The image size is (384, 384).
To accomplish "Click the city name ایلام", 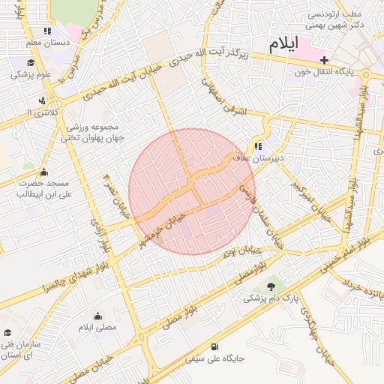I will [x=282, y=43].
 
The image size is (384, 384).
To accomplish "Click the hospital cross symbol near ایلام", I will [x=324, y=61].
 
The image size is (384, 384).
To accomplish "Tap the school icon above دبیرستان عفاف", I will [x=259, y=146].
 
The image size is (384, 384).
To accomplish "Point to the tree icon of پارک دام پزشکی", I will [x=271, y=286].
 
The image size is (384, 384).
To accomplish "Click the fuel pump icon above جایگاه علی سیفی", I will [x=216, y=346].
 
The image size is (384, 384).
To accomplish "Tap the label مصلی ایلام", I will [x=97, y=328].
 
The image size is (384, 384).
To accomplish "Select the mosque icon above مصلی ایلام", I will [x=97, y=316].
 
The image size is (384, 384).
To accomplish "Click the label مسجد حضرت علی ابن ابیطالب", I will [x=43, y=188].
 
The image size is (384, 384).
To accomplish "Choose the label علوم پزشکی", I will [x=30, y=74].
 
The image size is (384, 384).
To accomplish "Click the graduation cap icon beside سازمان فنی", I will [x=7, y=332].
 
